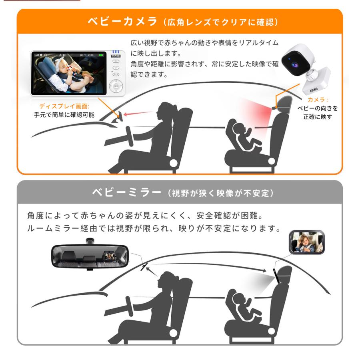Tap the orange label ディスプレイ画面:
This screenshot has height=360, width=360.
pos(64,106)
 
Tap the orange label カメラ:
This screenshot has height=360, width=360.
pos(318,100)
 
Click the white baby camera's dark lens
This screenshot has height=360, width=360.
pos(291,63)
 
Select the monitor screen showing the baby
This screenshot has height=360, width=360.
pos(70,73)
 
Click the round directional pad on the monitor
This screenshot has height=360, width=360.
pos(116,86)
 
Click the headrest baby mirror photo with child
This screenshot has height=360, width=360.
pos(306,242)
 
